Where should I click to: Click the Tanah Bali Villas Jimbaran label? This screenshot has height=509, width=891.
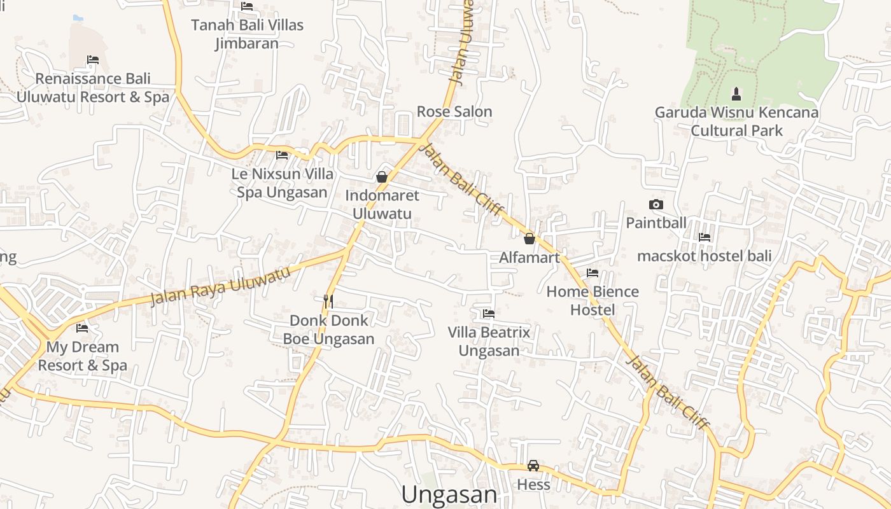click(248, 34)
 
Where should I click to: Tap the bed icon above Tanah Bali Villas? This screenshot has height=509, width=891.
click(247, 6)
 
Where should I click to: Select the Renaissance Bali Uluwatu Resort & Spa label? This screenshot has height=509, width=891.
click(93, 88)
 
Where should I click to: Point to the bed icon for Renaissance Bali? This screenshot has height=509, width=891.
click(93, 60)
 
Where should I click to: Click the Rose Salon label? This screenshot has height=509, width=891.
click(454, 112)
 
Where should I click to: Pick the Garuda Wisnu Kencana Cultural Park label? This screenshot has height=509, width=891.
click(737, 122)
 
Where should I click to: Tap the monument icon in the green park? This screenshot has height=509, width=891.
click(736, 94)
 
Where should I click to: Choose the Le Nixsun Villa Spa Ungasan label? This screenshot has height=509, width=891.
click(282, 183)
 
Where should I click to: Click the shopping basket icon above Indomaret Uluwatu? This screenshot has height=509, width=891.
click(382, 177)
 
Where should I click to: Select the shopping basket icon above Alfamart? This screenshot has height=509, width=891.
click(529, 239)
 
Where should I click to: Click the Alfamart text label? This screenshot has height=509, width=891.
click(530, 258)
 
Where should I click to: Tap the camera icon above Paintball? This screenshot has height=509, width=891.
click(656, 204)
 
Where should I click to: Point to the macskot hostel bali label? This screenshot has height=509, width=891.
click(705, 256)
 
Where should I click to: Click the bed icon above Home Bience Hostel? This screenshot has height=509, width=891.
click(593, 273)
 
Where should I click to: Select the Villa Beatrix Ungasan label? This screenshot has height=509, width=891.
click(489, 341)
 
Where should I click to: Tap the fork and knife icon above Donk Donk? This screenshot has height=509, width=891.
click(328, 301)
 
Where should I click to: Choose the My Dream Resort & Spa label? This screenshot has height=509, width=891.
click(83, 356)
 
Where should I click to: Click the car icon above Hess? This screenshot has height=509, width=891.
click(533, 466)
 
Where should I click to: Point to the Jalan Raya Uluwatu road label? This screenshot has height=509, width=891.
click(220, 286)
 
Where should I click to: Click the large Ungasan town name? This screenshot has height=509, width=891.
click(449, 494)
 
